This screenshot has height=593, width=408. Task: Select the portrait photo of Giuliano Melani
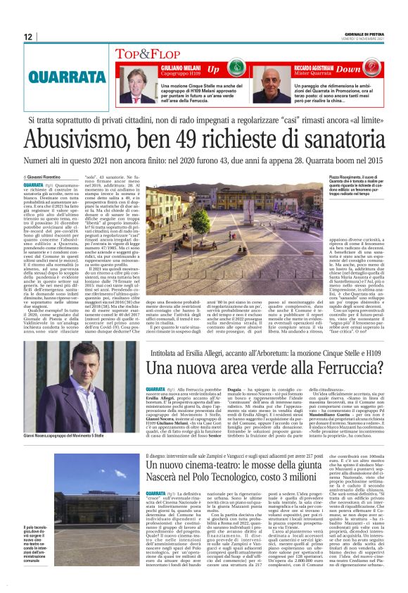(136, 85)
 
